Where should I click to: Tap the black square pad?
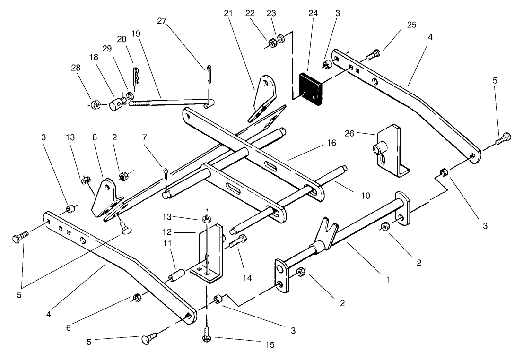point(311,89)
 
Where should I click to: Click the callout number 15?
point(269,345)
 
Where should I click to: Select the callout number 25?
point(411,25)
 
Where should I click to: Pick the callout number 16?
point(331,143)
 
